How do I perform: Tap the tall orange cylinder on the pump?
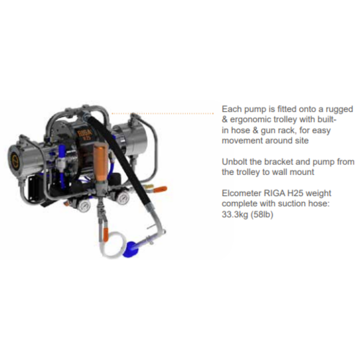click(x=100, y=161)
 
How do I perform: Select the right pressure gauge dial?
click(x=124, y=197)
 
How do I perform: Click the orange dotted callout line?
click(x=163, y=114)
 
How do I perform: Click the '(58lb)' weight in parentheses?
click(x=262, y=214)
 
